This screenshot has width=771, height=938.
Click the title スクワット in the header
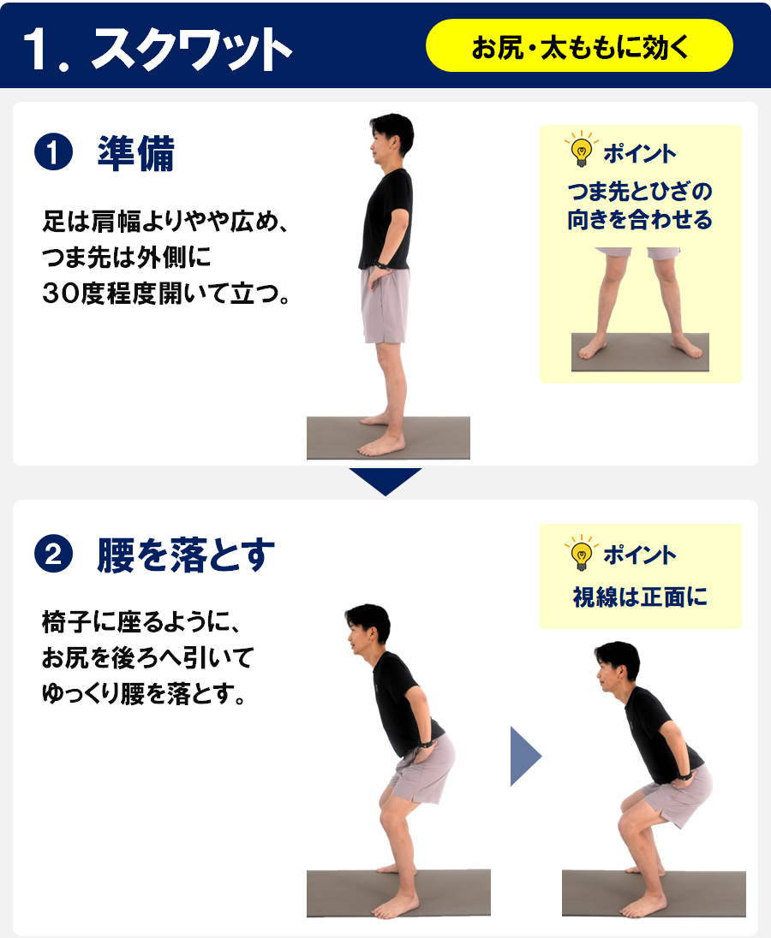[x=192, y=49]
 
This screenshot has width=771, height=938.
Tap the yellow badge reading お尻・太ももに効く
[x=579, y=45]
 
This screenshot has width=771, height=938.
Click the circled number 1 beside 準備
[x=53, y=152]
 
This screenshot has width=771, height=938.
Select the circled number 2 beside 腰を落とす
[x=53, y=554]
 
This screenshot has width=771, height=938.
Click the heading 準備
[x=136, y=153]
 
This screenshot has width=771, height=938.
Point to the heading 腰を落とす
[x=186, y=555]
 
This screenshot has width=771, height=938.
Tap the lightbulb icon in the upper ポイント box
[x=581, y=150]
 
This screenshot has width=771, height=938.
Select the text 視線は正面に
[x=640, y=597]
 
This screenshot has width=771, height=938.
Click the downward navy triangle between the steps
[x=385, y=480]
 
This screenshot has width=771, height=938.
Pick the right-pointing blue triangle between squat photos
[x=525, y=757]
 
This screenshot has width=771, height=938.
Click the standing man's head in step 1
[x=391, y=140]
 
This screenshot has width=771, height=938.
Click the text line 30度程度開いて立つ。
[x=166, y=294]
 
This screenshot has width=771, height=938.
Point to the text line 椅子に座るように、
[x=140, y=622]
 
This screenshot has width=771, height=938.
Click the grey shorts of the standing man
[x=385, y=305]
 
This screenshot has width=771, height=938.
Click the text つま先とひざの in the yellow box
[x=640, y=192]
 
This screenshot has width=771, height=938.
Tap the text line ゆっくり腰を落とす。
[x=144, y=694]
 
